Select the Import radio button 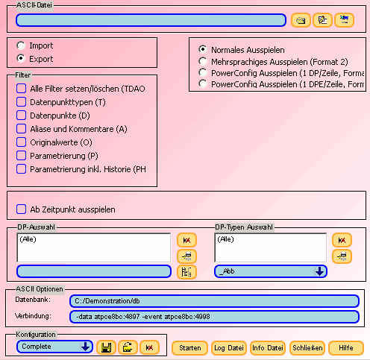click(21, 45)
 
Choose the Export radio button click(21, 58)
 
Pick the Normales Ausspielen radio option click(203, 49)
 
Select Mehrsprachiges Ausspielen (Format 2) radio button click(203, 61)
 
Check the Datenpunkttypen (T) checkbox click(21, 102)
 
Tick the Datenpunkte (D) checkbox click(21, 116)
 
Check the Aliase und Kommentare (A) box click(21, 129)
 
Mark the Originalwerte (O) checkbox click(21, 142)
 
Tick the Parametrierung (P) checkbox click(21, 156)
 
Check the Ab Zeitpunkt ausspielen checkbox click(21, 209)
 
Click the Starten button click(190, 348)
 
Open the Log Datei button click(229, 348)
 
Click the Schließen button click(307, 348)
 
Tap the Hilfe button click(346, 348)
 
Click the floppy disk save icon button click(106, 347)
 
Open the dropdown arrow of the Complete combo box click(85, 347)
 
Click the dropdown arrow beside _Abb click(319, 271)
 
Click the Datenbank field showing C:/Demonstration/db click(214, 301)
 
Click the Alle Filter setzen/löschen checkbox click(21, 89)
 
